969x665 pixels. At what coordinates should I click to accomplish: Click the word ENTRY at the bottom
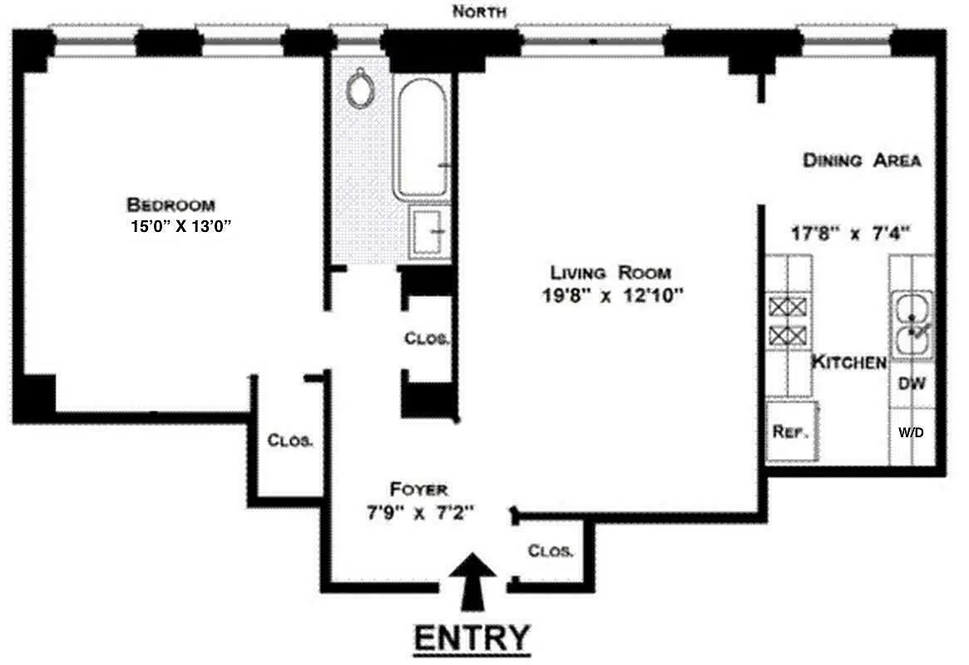(472, 638)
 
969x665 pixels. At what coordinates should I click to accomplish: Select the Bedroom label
(171, 204)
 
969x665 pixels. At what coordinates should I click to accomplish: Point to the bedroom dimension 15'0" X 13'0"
(173, 226)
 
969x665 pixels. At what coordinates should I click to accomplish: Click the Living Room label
(610, 273)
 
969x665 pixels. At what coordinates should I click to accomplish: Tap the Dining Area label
(861, 160)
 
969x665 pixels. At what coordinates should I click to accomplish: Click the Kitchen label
(848, 362)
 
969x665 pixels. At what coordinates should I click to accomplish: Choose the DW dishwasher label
(912, 384)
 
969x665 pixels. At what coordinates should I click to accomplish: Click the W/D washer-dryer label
(912, 433)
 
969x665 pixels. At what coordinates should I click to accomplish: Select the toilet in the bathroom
(360, 88)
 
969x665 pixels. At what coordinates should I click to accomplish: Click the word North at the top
(479, 12)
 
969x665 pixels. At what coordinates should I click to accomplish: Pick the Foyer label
(418, 489)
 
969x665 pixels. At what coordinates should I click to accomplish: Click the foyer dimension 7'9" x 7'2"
(420, 512)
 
